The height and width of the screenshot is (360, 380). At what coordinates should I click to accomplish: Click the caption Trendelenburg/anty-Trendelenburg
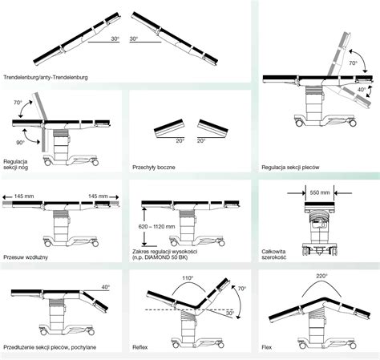[46, 78]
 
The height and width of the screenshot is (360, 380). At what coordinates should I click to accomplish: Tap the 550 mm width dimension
[320, 192]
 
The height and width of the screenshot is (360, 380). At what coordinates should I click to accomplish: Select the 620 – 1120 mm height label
[156, 227]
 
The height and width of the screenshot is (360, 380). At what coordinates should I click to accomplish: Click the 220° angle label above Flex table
[321, 276]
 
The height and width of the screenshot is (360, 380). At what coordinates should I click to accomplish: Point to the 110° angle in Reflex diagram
[188, 278]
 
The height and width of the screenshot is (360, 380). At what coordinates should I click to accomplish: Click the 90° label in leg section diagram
[20, 143]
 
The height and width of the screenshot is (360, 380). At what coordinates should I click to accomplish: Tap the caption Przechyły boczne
[154, 168]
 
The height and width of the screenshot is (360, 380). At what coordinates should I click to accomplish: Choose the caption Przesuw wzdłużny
[26, 257]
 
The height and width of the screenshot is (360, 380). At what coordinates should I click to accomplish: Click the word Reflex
[140, 347]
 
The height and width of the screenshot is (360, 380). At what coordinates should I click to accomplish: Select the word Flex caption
[267, 347]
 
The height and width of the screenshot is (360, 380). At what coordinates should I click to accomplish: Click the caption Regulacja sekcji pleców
[290, 168]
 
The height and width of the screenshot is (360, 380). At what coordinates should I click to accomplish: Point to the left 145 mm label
[24, 196]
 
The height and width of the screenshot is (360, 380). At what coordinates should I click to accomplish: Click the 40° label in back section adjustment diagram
[362, 90]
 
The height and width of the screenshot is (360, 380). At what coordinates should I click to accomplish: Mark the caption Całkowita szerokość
[274, 254]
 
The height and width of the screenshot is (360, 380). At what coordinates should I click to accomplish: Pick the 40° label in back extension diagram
[106, 287]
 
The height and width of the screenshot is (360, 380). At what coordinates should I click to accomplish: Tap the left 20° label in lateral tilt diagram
[180, 141]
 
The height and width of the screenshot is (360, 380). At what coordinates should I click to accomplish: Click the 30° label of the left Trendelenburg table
[115, 38]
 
